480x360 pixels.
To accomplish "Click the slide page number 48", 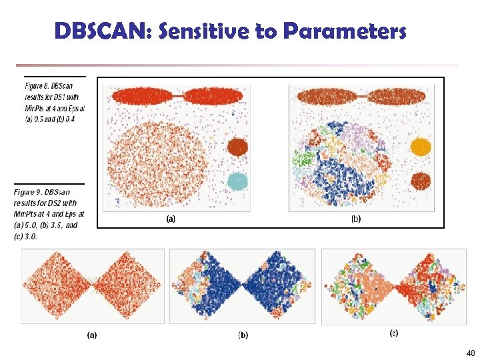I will (x=471, y=353).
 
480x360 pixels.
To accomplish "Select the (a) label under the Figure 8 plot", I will (x=171, y=219).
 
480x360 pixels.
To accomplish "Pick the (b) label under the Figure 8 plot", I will (x=356, y=219).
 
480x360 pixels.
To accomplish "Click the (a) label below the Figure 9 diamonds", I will (x=92, y=335).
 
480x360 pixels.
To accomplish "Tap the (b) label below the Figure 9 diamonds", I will (x=243, y=335).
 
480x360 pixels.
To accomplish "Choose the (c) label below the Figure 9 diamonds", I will (x=394, y=333).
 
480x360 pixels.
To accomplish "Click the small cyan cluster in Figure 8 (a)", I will (x=237, y=181).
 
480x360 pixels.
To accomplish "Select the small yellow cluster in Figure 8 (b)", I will (x=421, y=147).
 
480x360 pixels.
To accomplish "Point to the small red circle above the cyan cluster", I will (x=237, y=147).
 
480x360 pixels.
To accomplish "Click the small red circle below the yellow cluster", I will (x=420, y=180).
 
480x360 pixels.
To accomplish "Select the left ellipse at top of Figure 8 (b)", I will (x=327, y=97).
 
